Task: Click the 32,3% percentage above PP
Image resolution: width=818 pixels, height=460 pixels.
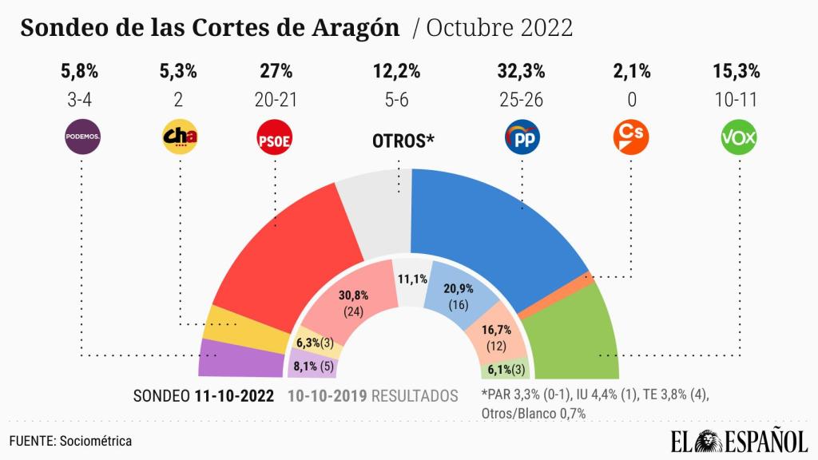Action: [x=521, y=72]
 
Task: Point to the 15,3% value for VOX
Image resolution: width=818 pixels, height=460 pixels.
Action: [x=736, y=72]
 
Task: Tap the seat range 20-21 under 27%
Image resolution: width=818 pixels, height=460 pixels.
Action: [x=276, y=101]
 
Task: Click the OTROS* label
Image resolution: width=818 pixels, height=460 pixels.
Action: [x=403, y=141]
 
